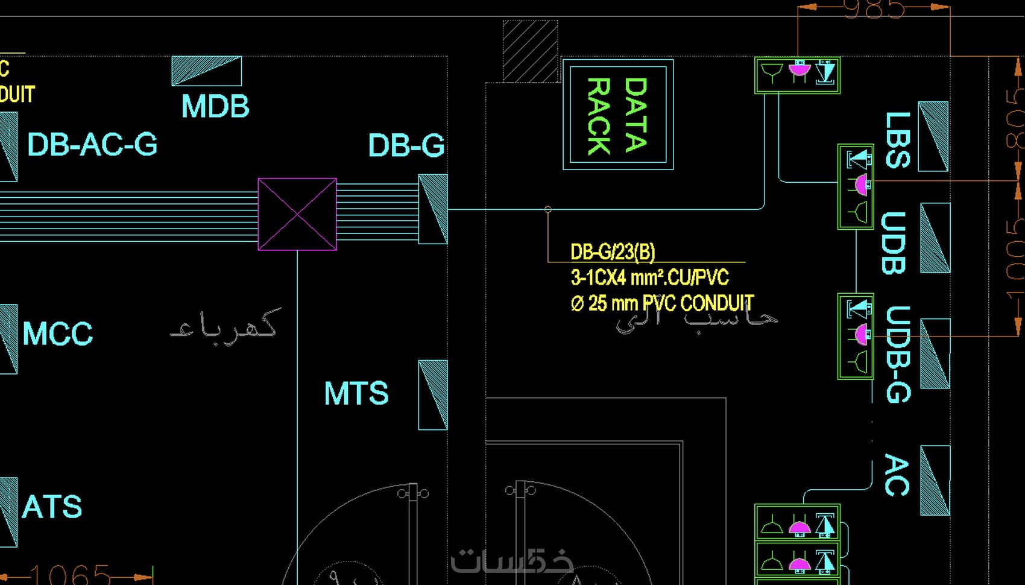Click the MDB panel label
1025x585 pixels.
215,107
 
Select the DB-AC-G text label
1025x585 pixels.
92,145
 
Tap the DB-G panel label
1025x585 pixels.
406,146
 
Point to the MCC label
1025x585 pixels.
58,334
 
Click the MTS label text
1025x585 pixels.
356,394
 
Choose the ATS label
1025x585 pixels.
52,507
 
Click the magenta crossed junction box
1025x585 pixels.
297,214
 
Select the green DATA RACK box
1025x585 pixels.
618,115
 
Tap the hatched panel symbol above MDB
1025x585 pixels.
207,71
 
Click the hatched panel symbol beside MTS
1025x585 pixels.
433,395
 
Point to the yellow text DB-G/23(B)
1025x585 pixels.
613,252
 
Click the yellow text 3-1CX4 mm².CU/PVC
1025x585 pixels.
649,277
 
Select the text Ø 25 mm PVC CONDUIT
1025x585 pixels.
662,303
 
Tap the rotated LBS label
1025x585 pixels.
898,140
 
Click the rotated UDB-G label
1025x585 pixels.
898,355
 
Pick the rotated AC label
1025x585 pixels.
897,475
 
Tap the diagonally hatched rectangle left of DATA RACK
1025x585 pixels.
530,51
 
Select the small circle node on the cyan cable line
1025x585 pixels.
547,209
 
